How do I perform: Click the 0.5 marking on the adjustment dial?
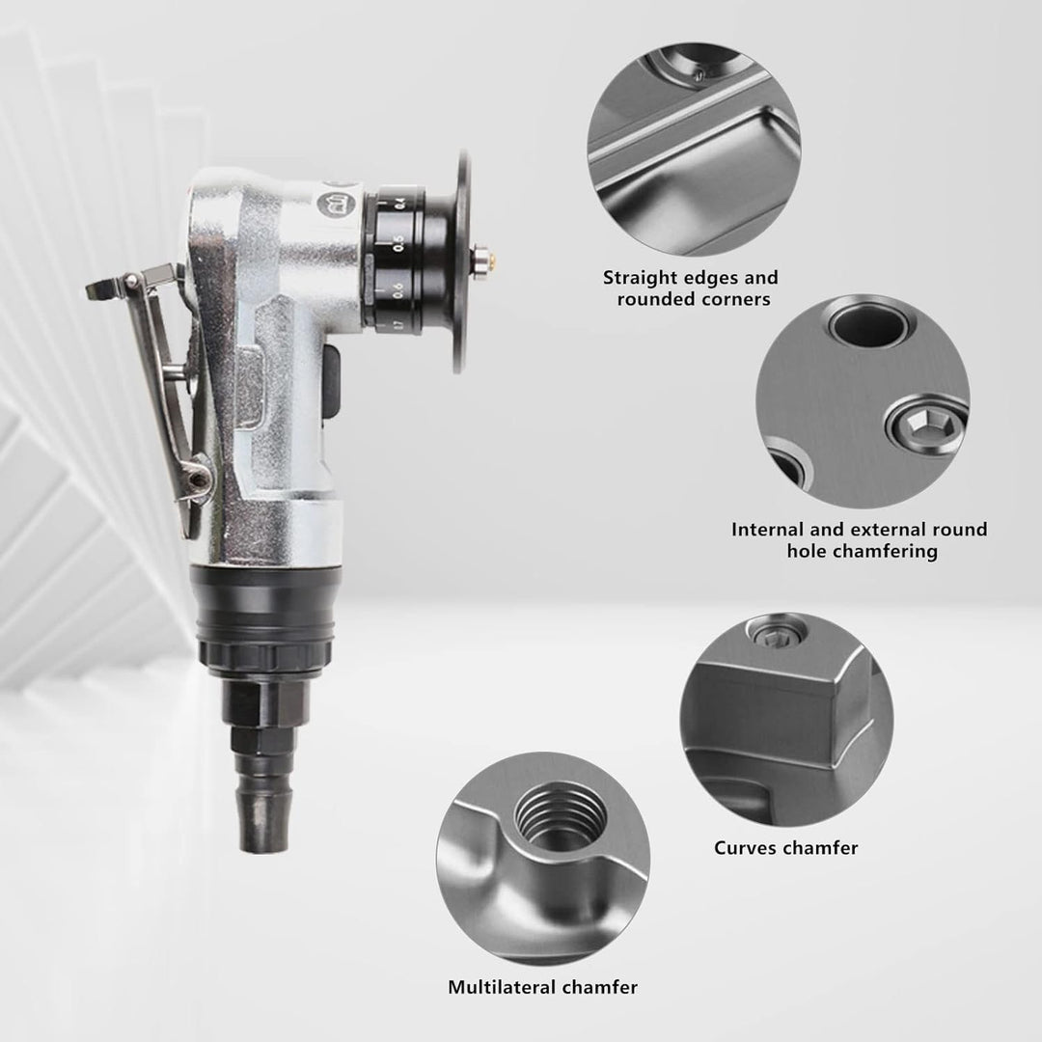coord(398,243)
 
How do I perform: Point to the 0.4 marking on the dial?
coord(400,202)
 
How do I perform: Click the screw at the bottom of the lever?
coord(197,478)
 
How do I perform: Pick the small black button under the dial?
coord(332,383)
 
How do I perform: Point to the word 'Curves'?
coord(744,848)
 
